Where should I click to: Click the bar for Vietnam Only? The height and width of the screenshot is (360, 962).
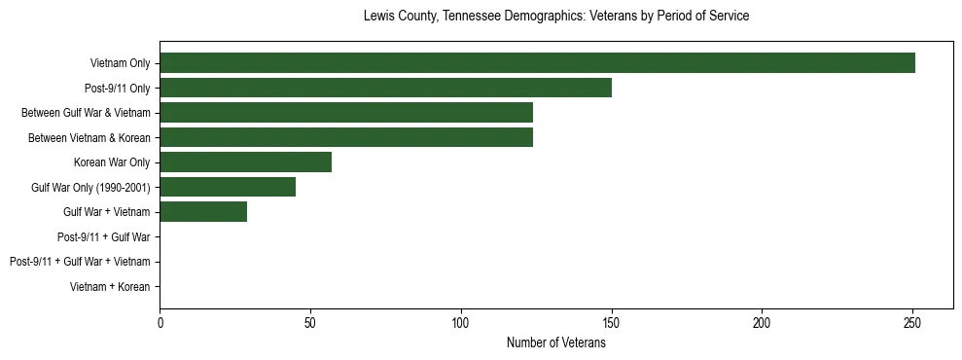pos(537,63)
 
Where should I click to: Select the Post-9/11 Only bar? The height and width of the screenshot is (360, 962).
pos(385,88)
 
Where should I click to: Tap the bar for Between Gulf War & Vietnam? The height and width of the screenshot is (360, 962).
pos(346,113)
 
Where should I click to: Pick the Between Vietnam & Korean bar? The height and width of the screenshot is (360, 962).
pos(346,137)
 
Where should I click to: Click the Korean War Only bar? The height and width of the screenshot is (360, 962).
pos(245,162)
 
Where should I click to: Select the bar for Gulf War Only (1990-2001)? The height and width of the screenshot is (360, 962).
pos(228,187)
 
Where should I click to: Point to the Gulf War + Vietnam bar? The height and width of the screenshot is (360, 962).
pos(203,212)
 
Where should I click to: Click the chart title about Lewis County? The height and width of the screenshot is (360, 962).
pos(555,17)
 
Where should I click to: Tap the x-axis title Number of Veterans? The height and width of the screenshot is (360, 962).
pos(555,342)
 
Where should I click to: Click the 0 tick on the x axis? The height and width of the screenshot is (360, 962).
pos(160,322)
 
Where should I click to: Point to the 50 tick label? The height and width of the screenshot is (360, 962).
pos(310,322)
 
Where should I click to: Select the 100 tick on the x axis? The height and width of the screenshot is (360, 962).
pos(461,322)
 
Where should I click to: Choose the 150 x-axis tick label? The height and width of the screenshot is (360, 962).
pos(611,322)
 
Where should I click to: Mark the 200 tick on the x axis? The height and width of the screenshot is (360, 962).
pos(762,322)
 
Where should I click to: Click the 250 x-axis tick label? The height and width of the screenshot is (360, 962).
pos(912,322)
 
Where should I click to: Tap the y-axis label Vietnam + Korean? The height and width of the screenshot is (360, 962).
pos(110,287)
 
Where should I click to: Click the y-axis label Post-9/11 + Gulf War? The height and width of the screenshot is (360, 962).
pos(103,236)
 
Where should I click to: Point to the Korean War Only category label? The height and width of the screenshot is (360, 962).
pos(112,162)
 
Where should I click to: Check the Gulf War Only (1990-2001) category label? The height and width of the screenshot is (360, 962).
pos(90,187)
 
